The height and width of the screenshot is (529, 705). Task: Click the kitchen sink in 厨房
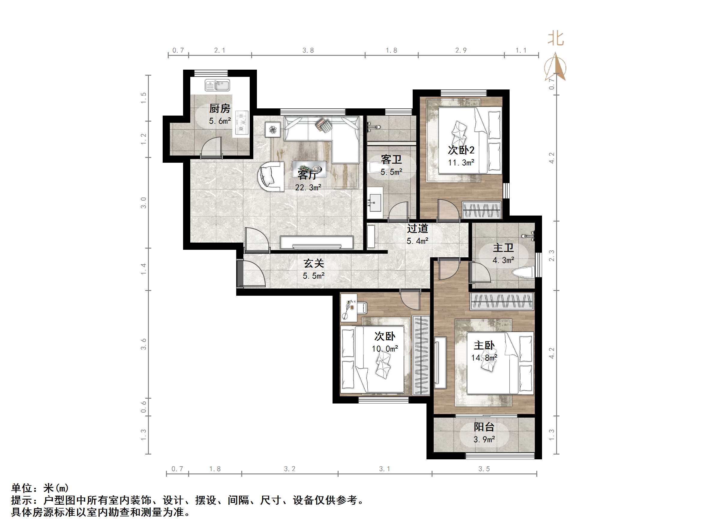click(217, 86)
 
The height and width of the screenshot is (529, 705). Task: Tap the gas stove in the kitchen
click(242, 122)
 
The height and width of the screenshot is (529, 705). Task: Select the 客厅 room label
click(308, 175)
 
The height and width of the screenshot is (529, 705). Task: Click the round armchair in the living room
click(270, 177)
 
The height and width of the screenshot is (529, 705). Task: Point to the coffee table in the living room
click(309, 169)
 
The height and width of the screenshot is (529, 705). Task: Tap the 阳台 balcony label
click(484, 427)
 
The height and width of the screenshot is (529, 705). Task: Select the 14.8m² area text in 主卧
click(484, 358)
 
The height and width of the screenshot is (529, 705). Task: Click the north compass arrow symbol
click(556, 68)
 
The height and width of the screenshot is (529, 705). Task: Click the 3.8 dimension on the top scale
click(308, 50)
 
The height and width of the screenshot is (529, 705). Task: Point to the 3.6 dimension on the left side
click(144, 344)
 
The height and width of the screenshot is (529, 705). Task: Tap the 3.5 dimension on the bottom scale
click(484, 469)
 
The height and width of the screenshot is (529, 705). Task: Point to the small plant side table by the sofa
click(273, 130)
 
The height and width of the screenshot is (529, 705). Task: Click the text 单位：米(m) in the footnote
click(40, 488)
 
